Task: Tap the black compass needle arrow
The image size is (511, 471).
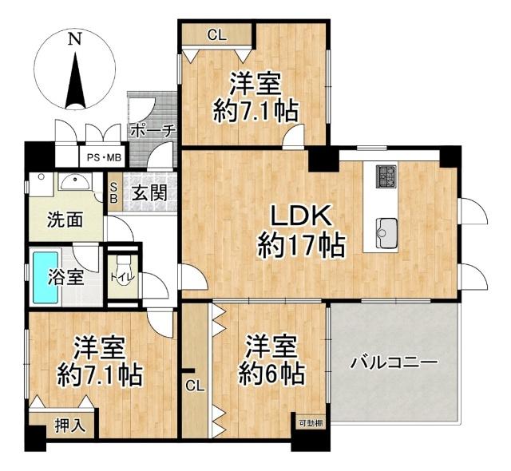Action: click(x=74, y=80)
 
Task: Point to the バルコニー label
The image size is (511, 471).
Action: click(x=394, y=362)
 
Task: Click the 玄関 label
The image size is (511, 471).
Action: click(x=149, y=193)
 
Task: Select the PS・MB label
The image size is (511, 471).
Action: click(x=104, y=157)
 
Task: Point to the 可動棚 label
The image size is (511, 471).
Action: click(x=311, y=423)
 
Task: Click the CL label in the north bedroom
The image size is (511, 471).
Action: click(x=216, y=34)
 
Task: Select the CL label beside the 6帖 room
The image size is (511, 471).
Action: click(x=195, y=386)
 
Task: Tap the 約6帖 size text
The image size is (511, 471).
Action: click(x=272, y=373)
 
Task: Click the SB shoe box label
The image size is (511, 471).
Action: click(x=115, y=191)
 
